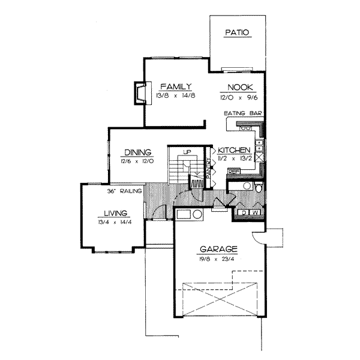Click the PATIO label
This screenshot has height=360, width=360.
point(236,32)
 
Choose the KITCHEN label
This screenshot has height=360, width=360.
point(233,150)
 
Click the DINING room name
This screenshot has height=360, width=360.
point(138,152)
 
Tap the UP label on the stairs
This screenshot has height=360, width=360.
point(187,152)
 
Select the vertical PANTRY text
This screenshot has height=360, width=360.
point(208,167)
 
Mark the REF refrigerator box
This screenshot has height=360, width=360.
point(234,172)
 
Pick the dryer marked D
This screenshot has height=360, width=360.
point(244,212)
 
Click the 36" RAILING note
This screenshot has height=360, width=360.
point(124,192)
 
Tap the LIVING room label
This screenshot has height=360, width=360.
point(113,213)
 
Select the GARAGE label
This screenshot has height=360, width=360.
point(220,249)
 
